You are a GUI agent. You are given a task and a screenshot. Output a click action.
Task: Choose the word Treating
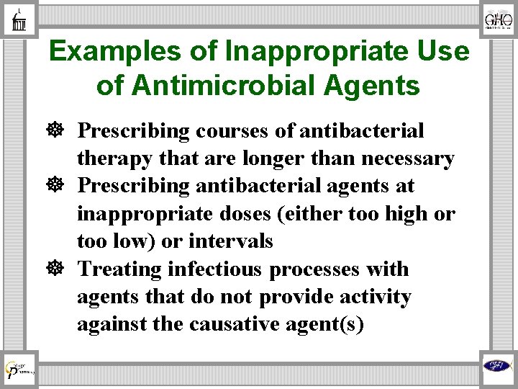pyautogui.click(x=119, y=269)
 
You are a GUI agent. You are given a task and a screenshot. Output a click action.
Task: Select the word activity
pyautogui.click(x=375, y=296)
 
